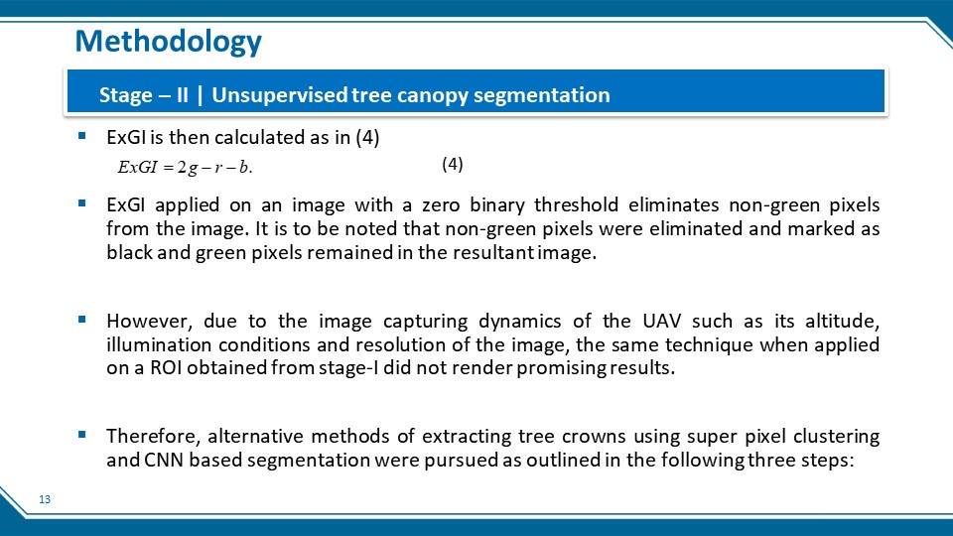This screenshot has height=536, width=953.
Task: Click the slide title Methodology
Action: (169, 42)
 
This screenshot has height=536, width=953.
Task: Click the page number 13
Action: (45, 499)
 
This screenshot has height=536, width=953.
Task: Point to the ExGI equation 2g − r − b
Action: (185, 167)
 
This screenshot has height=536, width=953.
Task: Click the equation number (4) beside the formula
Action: (453, 164)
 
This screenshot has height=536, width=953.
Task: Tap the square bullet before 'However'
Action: (82, 319)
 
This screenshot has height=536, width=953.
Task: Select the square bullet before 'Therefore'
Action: (82, 435)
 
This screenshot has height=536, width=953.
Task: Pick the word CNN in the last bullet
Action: (164, 460)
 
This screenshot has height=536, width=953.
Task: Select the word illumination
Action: (158, 344)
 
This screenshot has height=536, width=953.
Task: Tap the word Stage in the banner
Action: (126, 95)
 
